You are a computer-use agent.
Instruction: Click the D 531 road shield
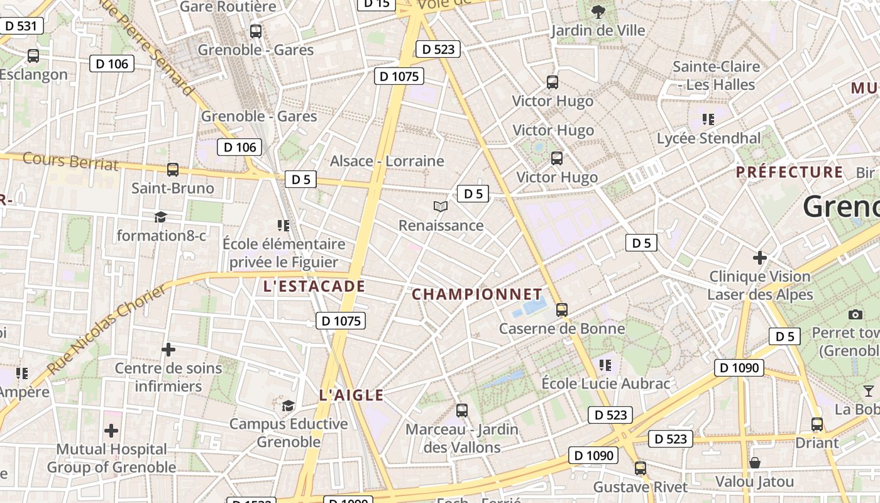(x=22, y=26)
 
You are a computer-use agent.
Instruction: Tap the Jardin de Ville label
(x=598, y=30)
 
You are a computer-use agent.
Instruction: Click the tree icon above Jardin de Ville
(x=598, y=11)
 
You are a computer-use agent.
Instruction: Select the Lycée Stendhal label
(x=708, y=138)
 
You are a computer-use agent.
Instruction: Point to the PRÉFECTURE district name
(x=789, y=172)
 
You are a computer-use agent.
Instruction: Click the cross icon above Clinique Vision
(x=760, y=257)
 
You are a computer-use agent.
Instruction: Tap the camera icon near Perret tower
(x=855, y=314)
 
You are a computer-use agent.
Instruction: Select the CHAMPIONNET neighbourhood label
(x=476, y=294)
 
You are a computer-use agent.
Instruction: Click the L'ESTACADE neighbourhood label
(x=314, y=287)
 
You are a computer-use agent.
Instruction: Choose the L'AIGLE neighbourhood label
(x=351, y=395)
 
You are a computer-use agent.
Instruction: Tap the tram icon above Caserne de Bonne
(x=562, y=309)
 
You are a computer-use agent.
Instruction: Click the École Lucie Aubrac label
(x=606, y=384)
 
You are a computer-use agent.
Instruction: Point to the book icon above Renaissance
(x=441, y=206)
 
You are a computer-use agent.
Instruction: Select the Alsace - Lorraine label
(x=387, y=161)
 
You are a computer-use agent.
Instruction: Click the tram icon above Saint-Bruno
(x=173, y=169)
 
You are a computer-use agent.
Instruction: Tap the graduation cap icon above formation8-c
(x=161, y=217)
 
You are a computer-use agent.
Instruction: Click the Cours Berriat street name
(x=70, y=161)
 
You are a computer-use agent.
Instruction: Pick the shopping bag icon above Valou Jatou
(x=754, y=463)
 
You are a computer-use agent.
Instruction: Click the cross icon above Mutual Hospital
(x=111, y=431)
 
